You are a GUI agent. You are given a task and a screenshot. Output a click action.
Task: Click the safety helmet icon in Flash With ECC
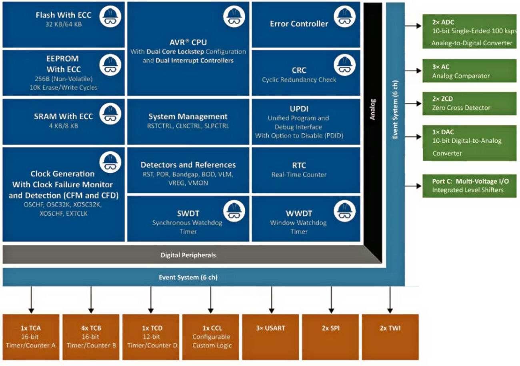(x=110, y=17)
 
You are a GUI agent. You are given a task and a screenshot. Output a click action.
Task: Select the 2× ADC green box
(x=469, y=32)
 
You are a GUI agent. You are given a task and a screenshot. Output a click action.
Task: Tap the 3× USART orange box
(x=271, y=337)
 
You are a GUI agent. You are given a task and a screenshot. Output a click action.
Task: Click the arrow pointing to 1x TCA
(x=31, y=300)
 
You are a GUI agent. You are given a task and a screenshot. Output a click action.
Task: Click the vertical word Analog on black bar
(x=372, y=109)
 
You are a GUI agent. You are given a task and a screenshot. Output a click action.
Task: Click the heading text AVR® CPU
(x=188, y=42)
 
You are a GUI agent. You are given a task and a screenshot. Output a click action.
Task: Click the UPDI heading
(x=299, y=109)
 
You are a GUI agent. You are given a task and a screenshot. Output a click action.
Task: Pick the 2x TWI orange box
(x=390, y=337)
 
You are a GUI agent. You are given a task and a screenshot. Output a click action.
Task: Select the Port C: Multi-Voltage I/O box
(x=469, y=186)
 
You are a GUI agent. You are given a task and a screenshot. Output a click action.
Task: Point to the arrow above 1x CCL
(x=211, y=300)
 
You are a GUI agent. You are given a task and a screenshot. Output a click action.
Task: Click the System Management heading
(x=188, y=116)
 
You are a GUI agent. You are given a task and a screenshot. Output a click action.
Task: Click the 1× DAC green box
(x=469, y=143)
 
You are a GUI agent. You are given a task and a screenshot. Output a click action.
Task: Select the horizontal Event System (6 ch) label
(x=188, y=277)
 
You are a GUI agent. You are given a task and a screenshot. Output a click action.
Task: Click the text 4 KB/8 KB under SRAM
(x=63, y=126)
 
